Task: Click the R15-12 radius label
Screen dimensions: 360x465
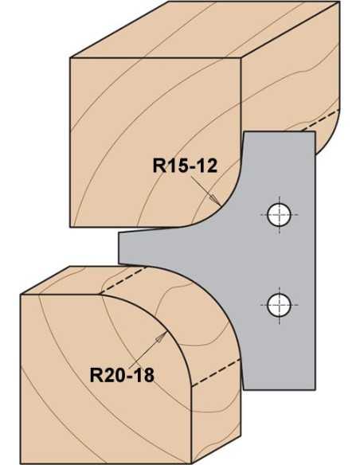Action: pyautogui.click(x=185, y=166)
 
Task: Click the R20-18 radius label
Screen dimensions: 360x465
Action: pyautogui.click(x=122, y=375)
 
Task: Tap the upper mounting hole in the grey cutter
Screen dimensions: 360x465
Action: pyautogui.click(x=279, y=215)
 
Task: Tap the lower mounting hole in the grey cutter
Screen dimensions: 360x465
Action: pyautogui.click(x=279, y=305)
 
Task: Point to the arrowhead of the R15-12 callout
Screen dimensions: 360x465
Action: pyautogui.click(x=216, y=201)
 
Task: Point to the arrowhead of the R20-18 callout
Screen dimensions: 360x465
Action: pyautogui.click(x=162, y=337)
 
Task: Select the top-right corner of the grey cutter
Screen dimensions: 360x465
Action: pyautogui.click(x=315, y=132)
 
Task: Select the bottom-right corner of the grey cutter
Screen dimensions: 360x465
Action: pyautogui.click(x=315, y=389)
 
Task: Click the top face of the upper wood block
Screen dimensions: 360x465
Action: pyautogui.click(x=205, y=29)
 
